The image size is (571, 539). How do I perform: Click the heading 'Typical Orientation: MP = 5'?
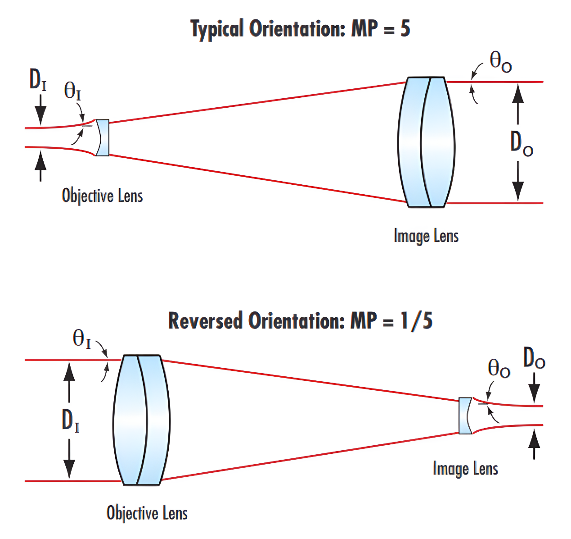pyautogui.click(x=300, y=29)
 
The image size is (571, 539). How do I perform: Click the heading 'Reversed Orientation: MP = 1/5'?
pyautogui.click(x=300, y=321)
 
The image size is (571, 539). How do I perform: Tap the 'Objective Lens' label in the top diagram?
pyautogui.click(x=102, y=196)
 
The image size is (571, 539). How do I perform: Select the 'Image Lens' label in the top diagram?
pyautogui.click(x=426, y=236)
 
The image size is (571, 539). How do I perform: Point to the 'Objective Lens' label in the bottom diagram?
pyautogui.click(x=147, y=513)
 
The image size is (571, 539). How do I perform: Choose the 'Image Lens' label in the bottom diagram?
pyautogui.click(x=465, y=469)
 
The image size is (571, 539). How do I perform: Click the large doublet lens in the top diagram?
pyautogui.click(x=427, y=142)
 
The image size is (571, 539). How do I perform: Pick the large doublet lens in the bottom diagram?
pyautogui.click(x=141, y=420)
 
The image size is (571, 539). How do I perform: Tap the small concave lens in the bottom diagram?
pyautogui.click(x=464, y=416)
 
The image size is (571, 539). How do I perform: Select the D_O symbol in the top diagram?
pyautogui.click(x=522, y=143)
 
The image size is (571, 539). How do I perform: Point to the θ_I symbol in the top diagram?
pyautogui.click(x=72, y=91)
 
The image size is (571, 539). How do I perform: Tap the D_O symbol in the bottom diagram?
pyautogui.click(x=534, y=360)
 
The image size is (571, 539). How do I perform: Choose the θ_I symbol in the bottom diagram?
pyautogui.click(x=82, y=338)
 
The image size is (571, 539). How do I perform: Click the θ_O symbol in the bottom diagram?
pyautogui.click(x=499, y=369)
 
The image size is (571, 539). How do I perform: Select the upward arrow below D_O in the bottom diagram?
pyautogui.click(x=534, y=444)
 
